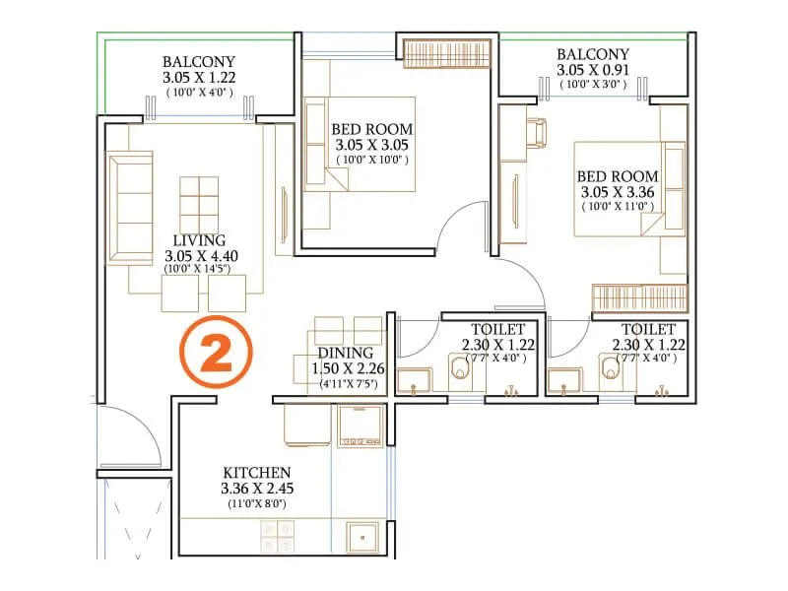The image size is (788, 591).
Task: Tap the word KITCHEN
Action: [256, 472]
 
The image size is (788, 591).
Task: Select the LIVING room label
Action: [199, 240]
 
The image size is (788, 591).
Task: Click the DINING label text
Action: [345, 353]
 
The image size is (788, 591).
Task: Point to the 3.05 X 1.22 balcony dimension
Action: [200, 77]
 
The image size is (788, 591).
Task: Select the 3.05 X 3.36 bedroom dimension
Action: [618, 192]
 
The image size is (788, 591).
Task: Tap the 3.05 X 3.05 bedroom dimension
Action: [371, 145]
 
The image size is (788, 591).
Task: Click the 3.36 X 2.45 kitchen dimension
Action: [256, 488]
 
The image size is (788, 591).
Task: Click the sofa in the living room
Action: [129, 207]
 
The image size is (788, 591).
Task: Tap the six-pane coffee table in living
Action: [199, 202]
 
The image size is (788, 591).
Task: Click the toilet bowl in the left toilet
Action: [460, 370]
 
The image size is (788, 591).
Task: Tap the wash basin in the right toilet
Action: [568, 380]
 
